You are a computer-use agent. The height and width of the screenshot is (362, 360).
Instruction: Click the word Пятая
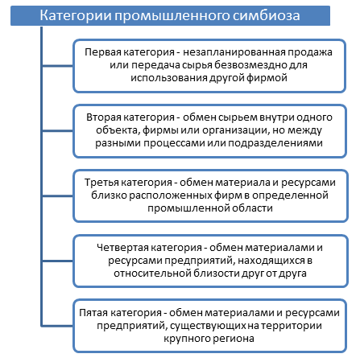click(93, 313)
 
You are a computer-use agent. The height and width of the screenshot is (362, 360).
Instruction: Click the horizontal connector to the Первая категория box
click(58, 66)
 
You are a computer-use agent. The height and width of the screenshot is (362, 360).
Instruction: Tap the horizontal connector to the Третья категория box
click(58, 196)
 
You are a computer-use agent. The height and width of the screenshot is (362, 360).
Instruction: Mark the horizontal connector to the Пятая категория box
click(57, 326)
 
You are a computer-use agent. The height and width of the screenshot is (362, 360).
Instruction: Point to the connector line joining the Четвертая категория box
click(58, 261)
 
